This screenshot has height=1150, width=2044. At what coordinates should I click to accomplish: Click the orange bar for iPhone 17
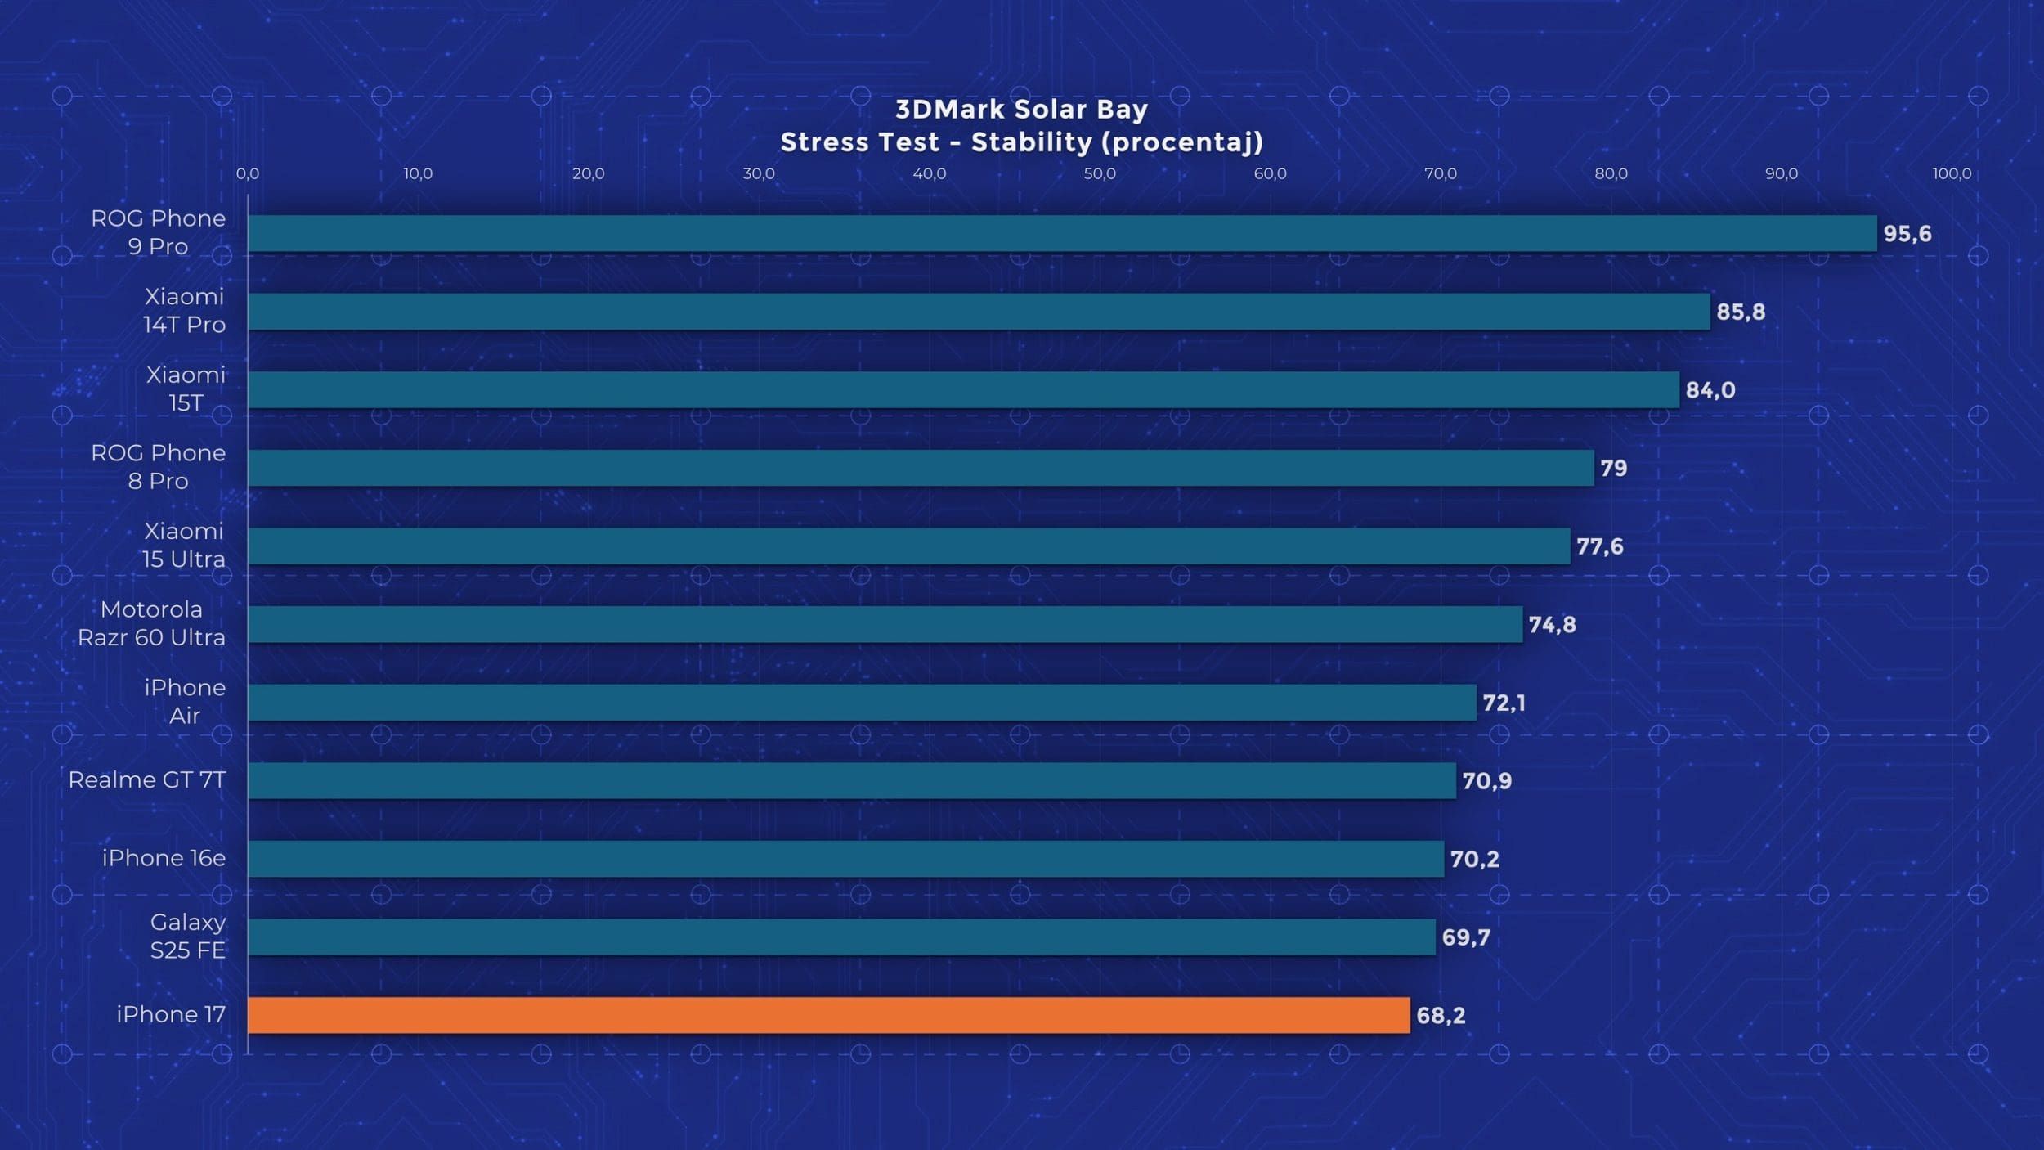point(828,1015)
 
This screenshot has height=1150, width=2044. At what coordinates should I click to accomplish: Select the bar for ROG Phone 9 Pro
point(1062,233)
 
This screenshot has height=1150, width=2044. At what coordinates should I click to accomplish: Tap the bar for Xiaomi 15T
point(963,389)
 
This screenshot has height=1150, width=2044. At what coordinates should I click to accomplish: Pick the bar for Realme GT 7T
point(851,780)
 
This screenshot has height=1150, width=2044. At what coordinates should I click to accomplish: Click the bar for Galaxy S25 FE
point(841,937)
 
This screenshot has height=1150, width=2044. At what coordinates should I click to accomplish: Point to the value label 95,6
point(1907,234)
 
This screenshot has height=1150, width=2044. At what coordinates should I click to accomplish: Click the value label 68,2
point(1441,1016)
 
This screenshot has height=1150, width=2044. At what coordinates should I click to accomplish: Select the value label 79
point(1613,469)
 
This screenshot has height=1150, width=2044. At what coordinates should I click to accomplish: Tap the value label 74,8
point(1552,625)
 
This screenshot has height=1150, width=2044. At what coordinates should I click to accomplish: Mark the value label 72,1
point(1504,703)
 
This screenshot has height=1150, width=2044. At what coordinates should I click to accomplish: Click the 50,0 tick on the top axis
point(1100,174)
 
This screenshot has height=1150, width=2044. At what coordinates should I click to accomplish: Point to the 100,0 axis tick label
point(1952,174)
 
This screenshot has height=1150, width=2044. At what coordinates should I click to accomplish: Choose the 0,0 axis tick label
point(248,174)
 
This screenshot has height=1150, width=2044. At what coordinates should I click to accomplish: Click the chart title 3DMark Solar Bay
point(1021,110)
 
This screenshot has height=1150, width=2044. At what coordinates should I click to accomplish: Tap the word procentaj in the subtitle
point(1177,143)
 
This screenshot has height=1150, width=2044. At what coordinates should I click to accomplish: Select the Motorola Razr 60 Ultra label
point(151,623)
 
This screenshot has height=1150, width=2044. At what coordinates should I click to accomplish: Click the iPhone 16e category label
point(164,858)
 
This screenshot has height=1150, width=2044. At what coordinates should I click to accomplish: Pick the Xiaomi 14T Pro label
point(184,311)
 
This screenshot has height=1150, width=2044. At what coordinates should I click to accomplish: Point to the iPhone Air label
point(185,702)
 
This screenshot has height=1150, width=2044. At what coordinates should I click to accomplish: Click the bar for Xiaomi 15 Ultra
point(908,546)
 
